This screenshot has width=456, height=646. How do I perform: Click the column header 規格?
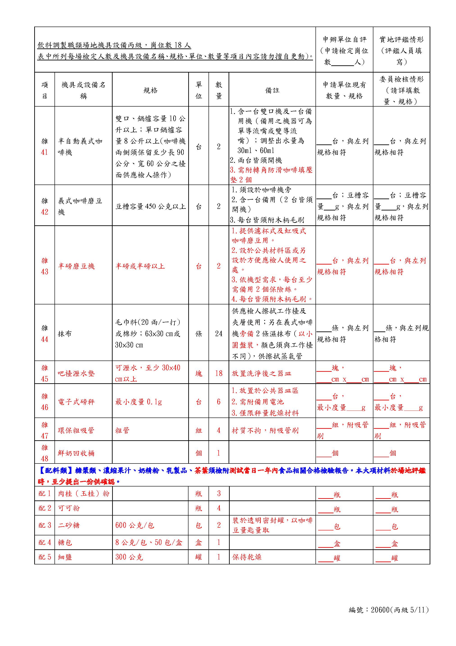150,90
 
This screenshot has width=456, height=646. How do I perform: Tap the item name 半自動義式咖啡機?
80,147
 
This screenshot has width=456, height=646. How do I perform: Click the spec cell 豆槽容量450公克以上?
150,207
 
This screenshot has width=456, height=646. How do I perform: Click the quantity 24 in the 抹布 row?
219,334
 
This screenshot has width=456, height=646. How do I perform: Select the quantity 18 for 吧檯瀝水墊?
219,373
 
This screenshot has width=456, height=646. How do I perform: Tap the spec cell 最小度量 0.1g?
138,402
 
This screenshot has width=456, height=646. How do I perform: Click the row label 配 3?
45,525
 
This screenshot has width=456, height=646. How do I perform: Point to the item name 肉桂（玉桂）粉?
84,493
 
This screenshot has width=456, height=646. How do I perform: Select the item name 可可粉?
69,508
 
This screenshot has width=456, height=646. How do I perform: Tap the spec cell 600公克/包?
135,525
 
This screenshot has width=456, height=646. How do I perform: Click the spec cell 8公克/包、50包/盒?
149,542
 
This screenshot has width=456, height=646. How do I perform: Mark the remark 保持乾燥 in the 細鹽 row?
247,557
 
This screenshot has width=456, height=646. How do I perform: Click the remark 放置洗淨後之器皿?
261,373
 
